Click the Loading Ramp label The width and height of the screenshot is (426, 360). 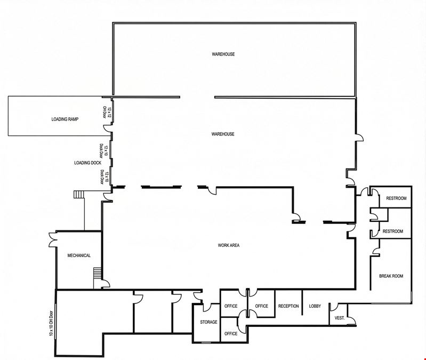click(x=65, y=119)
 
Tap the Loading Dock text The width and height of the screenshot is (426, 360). click(x=88, y=163)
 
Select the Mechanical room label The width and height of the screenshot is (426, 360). click(x=79, y=255)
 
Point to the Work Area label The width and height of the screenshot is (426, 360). click(x=229, y=245)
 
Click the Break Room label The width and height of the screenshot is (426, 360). click(x=391, y=276)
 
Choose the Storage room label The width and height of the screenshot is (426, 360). click(x=208, y=322)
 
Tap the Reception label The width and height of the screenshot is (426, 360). click(x=288, y=306)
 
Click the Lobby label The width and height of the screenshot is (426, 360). click(x=315, y=306)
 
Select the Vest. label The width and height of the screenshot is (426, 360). click(x=340, y=318)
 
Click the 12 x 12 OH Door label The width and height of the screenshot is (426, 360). click(x=107, y=112)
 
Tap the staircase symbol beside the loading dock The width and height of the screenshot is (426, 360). click(x=79, y=194)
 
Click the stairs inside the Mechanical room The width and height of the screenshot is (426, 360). click(x=97, y=273)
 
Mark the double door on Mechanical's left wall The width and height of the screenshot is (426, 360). click(x=52, y=239)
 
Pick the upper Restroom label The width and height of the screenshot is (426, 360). click(x=396, y=198)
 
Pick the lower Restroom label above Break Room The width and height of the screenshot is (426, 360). click(x=393, y=231)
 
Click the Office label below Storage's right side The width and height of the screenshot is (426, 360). click(x=231, y=333)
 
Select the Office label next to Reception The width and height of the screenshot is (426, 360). click(x=262, y=306)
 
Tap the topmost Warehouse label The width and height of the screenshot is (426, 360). click(x=223, y=54)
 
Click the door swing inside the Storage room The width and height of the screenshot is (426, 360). click(x=207, y=308)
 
